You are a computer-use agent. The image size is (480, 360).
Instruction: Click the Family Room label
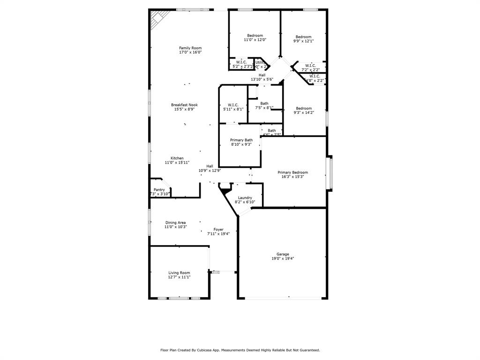click(190, 48)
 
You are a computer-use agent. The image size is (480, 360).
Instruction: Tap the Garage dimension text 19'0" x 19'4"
click(283, 258)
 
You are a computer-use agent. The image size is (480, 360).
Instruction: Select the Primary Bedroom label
click(293, 172)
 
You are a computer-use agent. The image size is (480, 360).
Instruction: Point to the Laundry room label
click(245, 198)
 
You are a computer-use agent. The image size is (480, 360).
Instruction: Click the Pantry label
click(159, 190)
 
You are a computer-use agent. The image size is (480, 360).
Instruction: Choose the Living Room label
click(179, 273)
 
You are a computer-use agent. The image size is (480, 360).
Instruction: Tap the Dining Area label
click(175, 223)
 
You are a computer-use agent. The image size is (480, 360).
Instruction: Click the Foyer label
click(218, 229)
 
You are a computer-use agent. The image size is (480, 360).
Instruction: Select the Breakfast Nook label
click(184, 105)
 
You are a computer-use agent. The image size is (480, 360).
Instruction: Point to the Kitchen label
click(177, 158)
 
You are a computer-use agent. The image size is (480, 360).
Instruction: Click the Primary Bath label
click(241, 140)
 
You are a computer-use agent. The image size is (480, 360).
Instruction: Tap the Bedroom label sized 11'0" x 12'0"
click(255, 36)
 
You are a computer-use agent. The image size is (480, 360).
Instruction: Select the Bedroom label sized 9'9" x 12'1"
click(303, 37)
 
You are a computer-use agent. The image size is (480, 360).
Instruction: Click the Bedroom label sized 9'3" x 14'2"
click(304, 108)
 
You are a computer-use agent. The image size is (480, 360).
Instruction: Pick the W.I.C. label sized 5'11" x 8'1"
click(233, 105)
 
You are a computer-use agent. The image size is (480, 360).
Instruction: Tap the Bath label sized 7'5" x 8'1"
click(264, 104)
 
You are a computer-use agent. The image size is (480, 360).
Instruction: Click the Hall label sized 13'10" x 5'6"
click(262, 75)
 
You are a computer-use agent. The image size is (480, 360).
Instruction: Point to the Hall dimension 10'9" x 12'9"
click(210, 171)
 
